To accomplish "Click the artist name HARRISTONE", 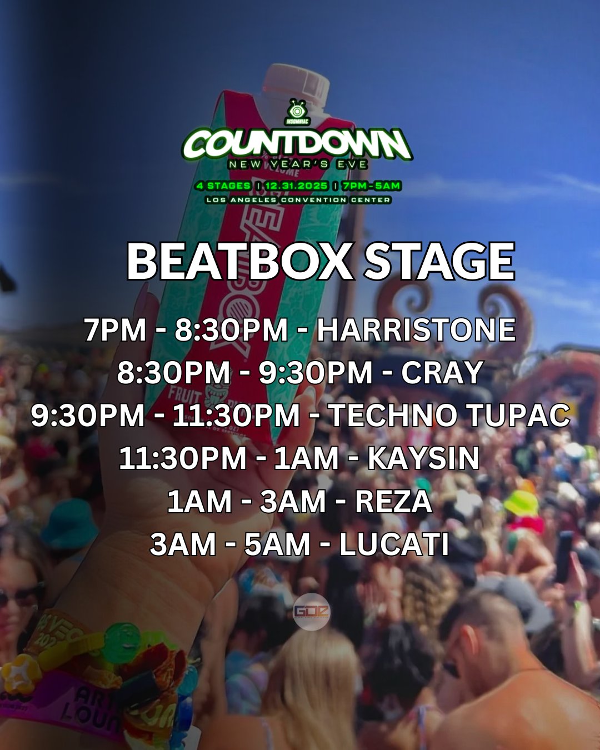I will click(416, 329).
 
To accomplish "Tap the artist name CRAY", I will click(442, 372).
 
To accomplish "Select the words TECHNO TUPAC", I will click(449, 416).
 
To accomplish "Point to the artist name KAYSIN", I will click(423, 458).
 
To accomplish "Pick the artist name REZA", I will click(393, 501).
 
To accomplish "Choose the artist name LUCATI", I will click(393, 544).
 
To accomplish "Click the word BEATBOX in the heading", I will click(239, 262).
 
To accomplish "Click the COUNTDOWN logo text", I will click(297, 143).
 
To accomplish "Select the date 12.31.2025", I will click(296, 186).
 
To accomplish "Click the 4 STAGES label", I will click(223, 186).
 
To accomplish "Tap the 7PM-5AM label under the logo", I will click(371, 186).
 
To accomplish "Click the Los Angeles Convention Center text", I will click(297, 199).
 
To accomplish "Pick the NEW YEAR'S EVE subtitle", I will click(297, 164).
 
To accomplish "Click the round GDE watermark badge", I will click(311, 612).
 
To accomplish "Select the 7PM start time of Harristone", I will click(115, 329).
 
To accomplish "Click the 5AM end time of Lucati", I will click(277, 544).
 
